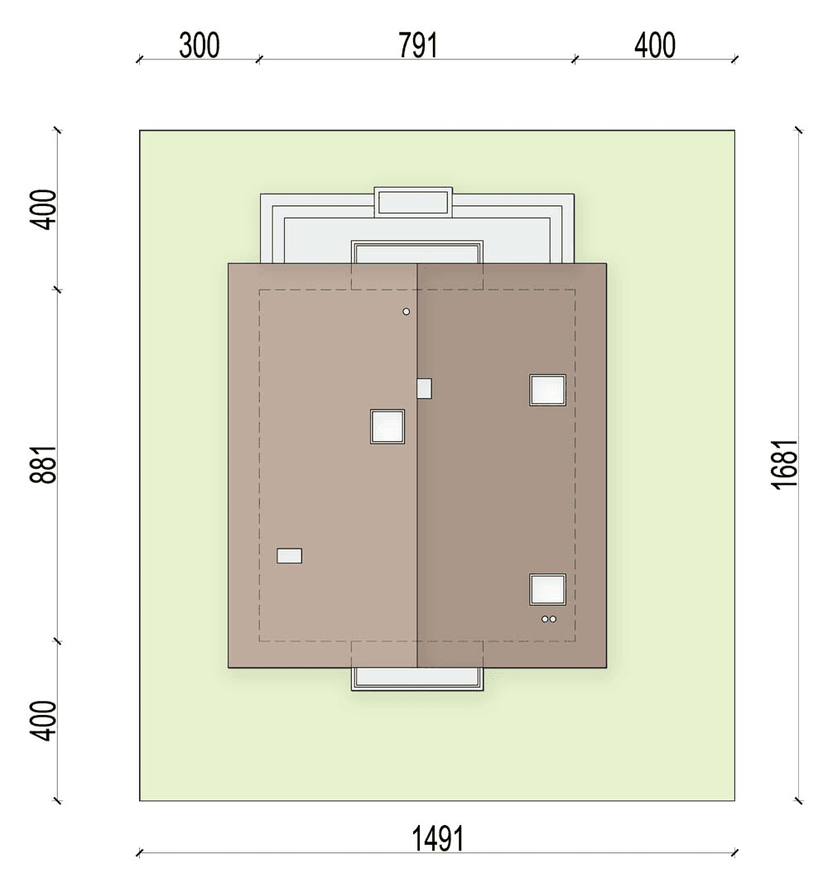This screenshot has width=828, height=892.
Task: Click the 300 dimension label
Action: click(x=200, y=46)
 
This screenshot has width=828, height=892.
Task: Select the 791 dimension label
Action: click(x=417, y=46)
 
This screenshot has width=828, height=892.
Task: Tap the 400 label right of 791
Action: click(x=655, y=46)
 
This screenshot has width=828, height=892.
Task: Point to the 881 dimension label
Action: click(x=45, y=465)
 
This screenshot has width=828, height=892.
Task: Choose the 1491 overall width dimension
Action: click(x=438, y=838)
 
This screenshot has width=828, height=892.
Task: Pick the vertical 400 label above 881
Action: click(x=45, y=210)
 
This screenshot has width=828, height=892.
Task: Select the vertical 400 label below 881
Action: click(x=45, y=721)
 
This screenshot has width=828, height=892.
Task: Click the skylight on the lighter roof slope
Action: click(x=388, y=426)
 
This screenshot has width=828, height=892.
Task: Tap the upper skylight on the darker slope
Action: click(x=547, y=391)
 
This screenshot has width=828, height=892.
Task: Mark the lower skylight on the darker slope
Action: click(x=547, y=589)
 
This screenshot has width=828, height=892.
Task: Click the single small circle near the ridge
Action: click(x=407, y=312)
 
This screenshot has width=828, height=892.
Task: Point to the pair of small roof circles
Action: click(x=549, y=619)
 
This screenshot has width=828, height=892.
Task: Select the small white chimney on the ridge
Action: click(x=424, y=389)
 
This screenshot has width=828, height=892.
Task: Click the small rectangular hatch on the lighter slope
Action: click(x=290, y=556)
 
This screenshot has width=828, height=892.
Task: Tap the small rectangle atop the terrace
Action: click(x=413, y=203)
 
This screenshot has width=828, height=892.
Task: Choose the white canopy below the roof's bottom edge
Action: click(x=417, y=679)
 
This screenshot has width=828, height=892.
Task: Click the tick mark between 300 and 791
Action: click(x=258, y=60)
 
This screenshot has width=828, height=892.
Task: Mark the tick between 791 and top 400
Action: click(x=575, y=60)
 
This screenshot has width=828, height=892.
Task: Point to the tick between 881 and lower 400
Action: click(x=57, y=642)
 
